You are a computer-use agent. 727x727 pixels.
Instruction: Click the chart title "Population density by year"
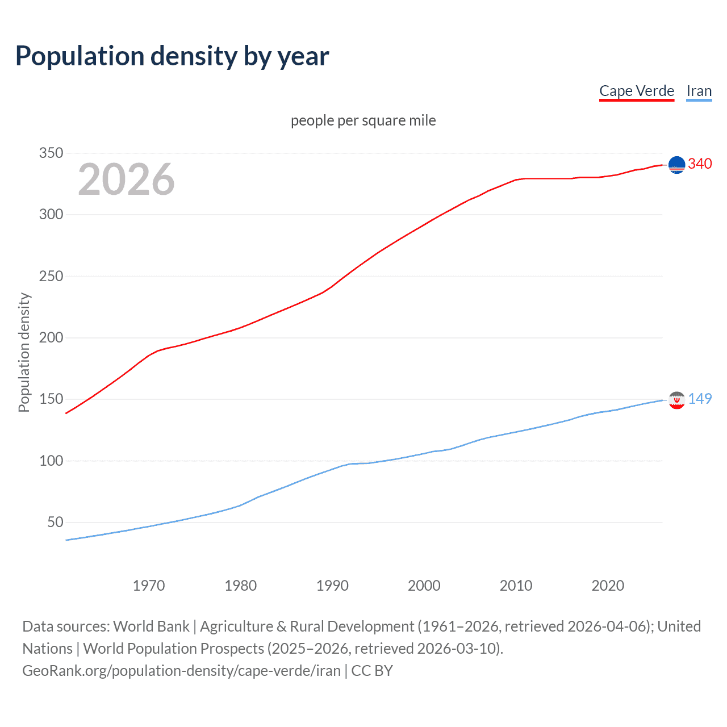tap(172, 56)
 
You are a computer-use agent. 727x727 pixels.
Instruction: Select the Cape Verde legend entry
tap(636, 91)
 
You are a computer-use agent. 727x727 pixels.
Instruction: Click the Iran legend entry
tap(699, 91)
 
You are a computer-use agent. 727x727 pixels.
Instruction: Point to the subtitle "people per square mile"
tap(363, 120)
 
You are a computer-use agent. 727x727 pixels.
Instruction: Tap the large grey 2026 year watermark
tap(126, 179)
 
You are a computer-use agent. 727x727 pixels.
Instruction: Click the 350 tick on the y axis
tap(51, 153)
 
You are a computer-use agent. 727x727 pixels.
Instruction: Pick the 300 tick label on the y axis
tap(51, 215)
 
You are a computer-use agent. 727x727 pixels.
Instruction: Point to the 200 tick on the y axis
tap(51, 338)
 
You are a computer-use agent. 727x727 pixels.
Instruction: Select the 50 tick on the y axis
tap(55, 523)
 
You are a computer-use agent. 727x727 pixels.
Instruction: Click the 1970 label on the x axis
tap(149, 586)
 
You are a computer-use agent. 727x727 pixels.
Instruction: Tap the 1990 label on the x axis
tap(332, 586)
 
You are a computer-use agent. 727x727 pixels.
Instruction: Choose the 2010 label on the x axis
tap(516, 586)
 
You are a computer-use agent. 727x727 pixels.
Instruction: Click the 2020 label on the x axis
tap(608, 586)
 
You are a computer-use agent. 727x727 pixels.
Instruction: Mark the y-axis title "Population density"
tap(24, 352)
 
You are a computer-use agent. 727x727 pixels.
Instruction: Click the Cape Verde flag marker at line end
tap(676, 165)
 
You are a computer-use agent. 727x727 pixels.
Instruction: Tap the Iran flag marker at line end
tap(676, 400)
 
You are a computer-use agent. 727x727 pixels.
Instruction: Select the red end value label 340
tap(700, 164)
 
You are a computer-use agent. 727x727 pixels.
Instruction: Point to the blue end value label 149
tap(700, 399)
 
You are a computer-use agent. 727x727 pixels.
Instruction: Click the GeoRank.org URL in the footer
tap(181, 671)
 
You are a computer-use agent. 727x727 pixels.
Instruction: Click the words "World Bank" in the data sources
tap(151, 626)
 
